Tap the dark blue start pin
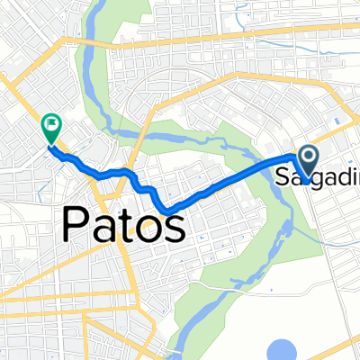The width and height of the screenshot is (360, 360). click(309, 160)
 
